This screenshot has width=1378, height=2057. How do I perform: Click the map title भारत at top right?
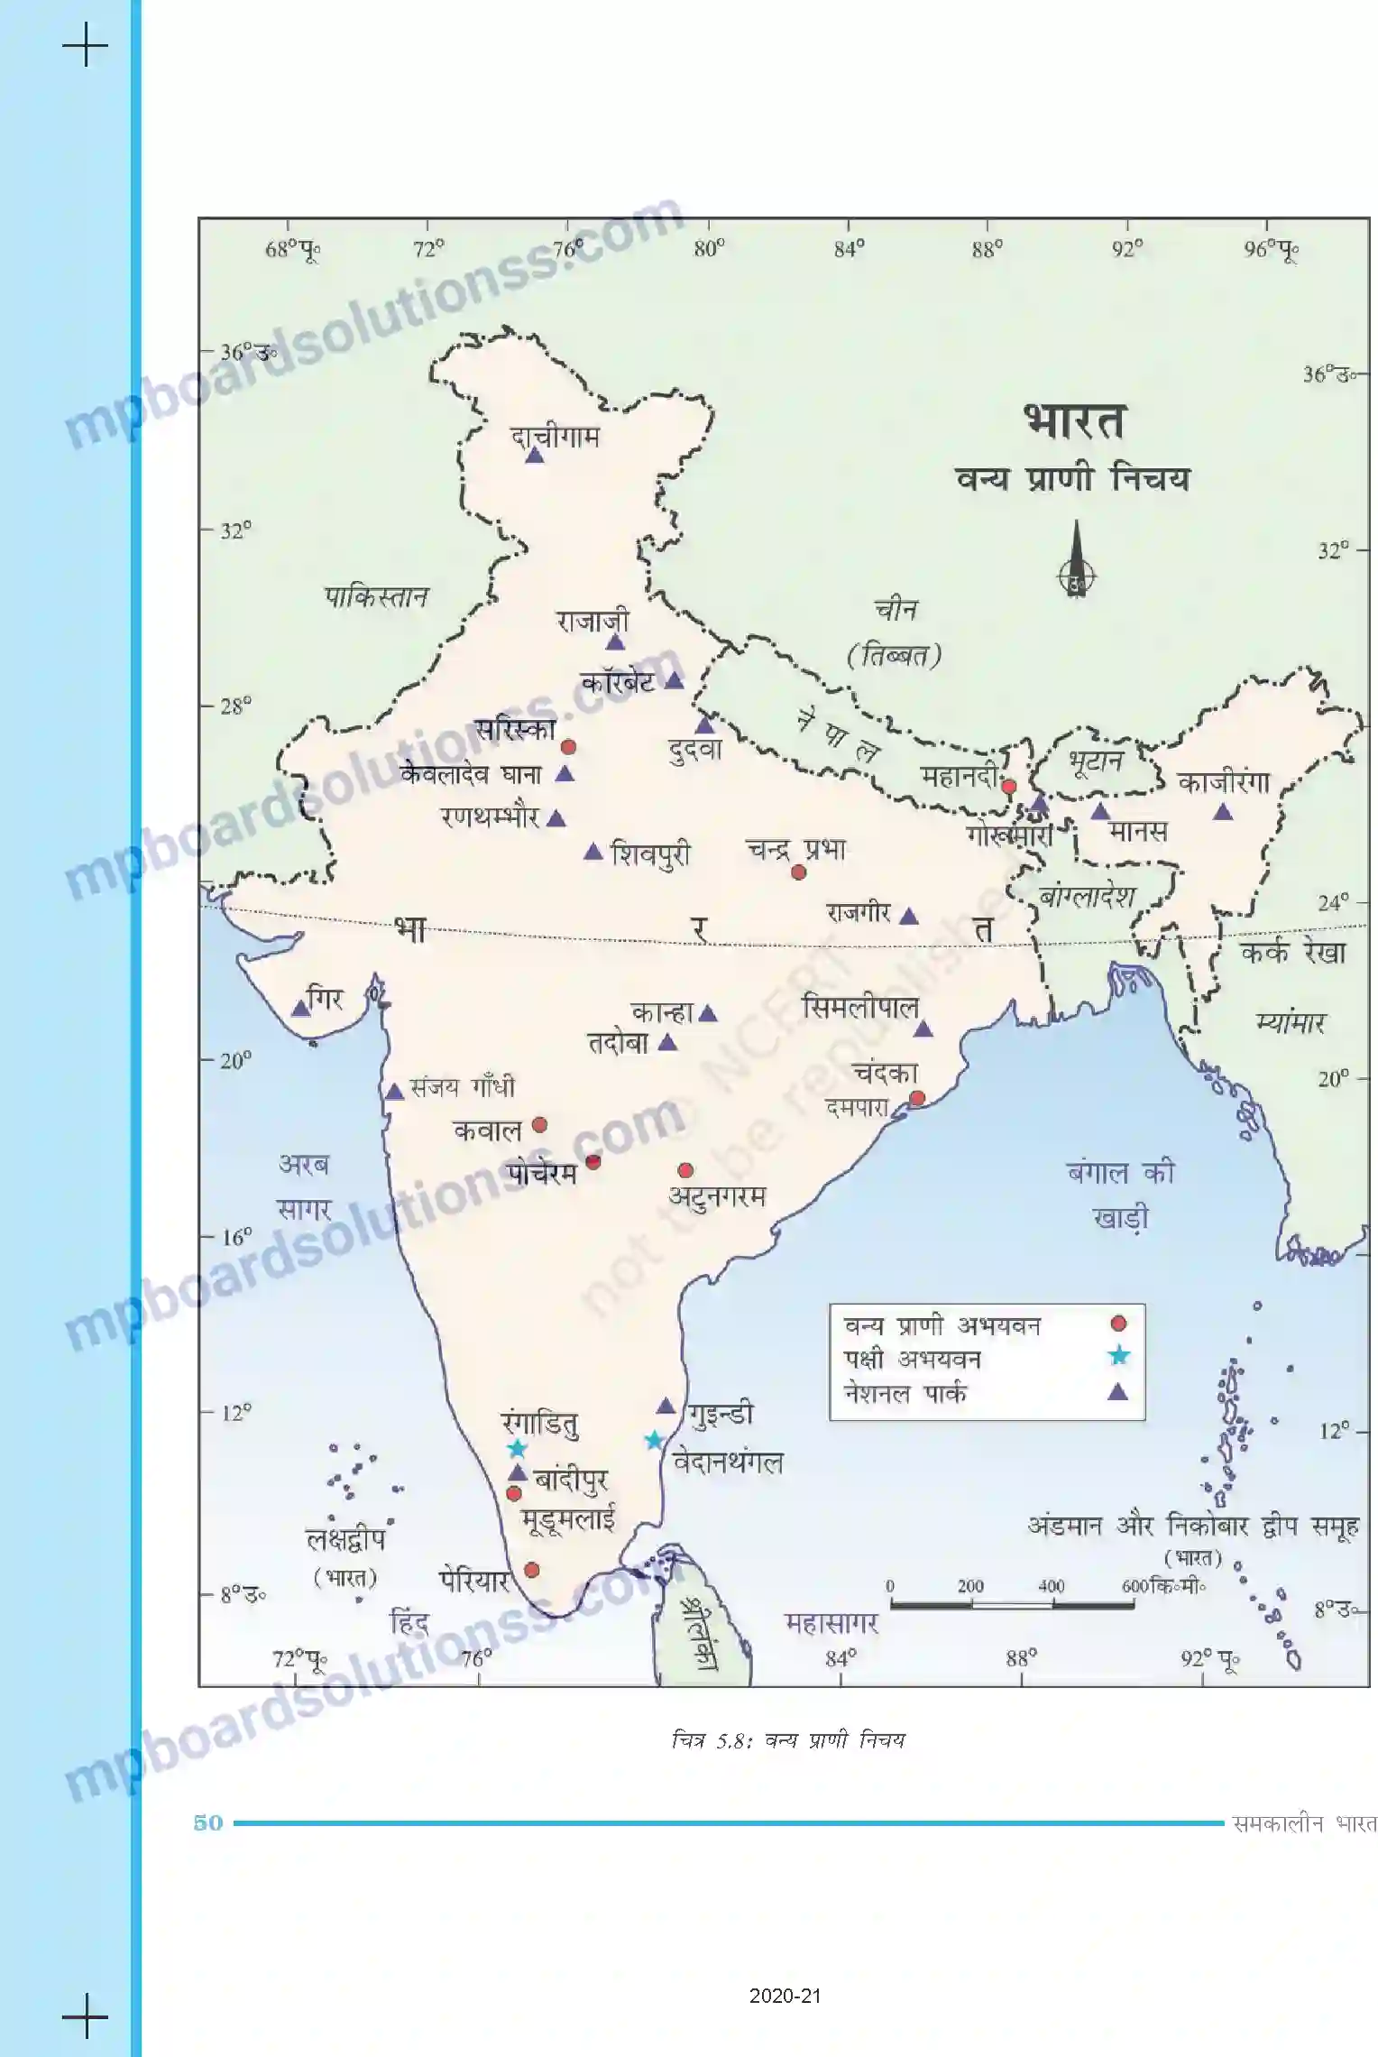pos(1073,421)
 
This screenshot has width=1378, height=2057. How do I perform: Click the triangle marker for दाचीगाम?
pos(535,457)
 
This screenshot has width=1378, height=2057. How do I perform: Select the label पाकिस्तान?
pos(376,596)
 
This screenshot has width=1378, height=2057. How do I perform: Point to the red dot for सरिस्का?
pos(568,747)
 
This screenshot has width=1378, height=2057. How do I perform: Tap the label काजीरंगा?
pos(1223,781)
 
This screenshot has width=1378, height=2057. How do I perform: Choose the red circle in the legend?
pos(1118,1324)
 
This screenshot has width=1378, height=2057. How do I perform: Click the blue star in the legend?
pos(1118,1355)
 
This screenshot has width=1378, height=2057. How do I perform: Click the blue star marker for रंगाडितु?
pos(516,1449)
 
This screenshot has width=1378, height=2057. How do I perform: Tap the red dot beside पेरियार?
pos(531,1571)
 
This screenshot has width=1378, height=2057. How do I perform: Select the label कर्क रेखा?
pos(1292,953)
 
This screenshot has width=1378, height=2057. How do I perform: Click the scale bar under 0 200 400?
pos(1012,1605)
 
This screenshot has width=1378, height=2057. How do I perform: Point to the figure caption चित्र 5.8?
pos(787,1740)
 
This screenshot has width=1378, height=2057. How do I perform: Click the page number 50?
pos(208,1822)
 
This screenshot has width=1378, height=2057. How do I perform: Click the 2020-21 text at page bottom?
pos(785,1997)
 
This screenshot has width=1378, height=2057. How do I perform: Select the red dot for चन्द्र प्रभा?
pos(798,872)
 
